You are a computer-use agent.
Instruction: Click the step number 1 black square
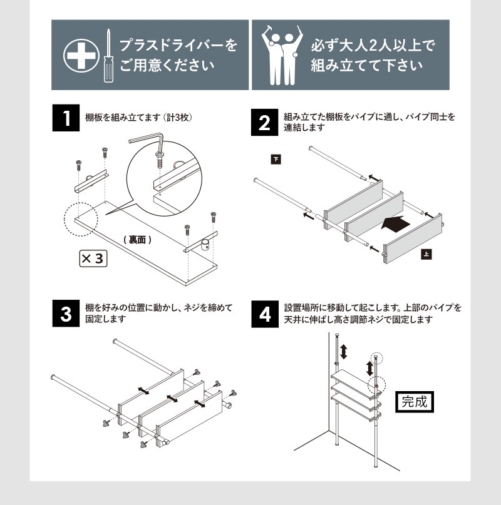point(65,118)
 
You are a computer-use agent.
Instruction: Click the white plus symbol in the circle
point(79,56)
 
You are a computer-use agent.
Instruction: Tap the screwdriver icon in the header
point(107,56)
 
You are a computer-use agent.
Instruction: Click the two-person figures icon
point(279,56)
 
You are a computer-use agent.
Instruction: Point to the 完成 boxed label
point(413,401)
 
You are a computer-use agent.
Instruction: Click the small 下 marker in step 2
point(276,159)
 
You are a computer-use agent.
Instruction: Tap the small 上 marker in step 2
point(425,255)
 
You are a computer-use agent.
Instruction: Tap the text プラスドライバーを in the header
point(178,46)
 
